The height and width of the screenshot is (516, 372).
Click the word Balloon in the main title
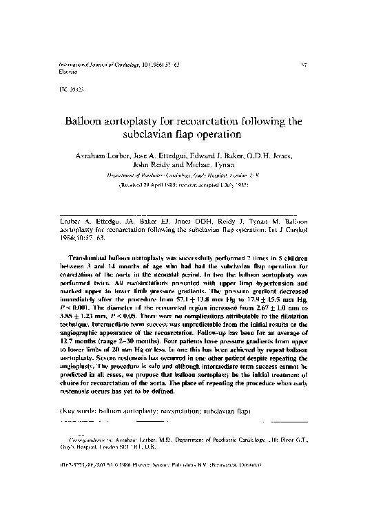[x=87, y=121]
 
